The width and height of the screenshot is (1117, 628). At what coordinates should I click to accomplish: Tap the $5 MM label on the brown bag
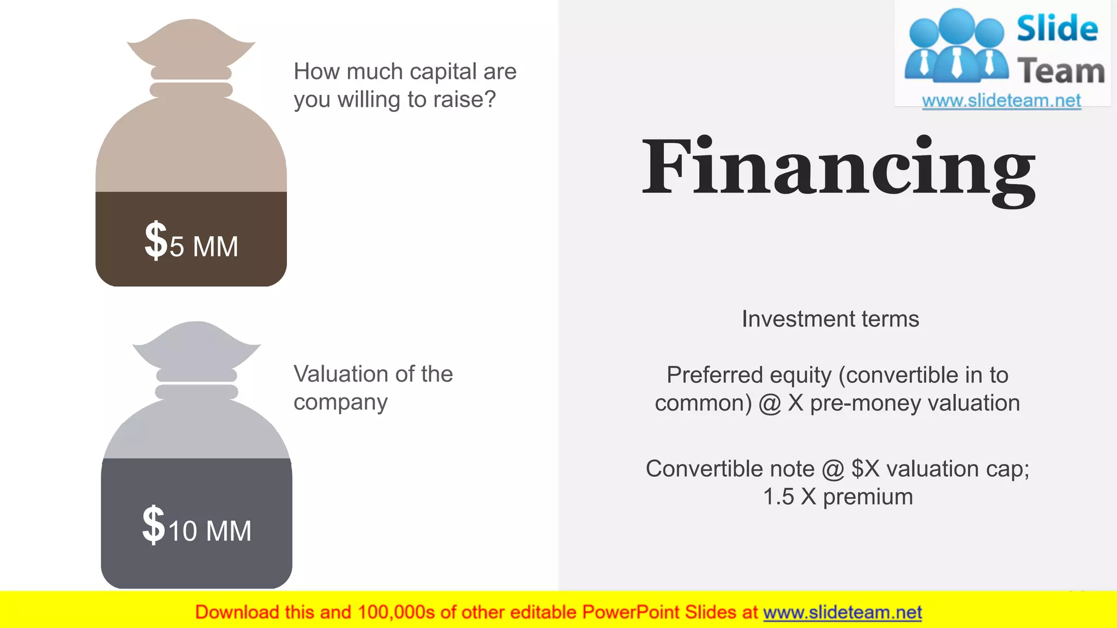click(191, 242)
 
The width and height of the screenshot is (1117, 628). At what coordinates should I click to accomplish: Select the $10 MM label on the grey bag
click(197, 527)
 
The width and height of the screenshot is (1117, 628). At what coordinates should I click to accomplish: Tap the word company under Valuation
click(340, 403)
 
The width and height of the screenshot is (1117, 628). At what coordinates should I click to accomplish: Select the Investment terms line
click(830, 319)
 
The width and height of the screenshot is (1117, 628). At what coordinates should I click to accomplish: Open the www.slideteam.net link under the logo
click(1001, 101)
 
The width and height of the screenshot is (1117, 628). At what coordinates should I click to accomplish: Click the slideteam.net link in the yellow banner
click(842, 613)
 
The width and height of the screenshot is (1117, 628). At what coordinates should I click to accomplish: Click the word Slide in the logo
click(1057, 29)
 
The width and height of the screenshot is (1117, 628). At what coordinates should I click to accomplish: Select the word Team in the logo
click(1061, 71)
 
